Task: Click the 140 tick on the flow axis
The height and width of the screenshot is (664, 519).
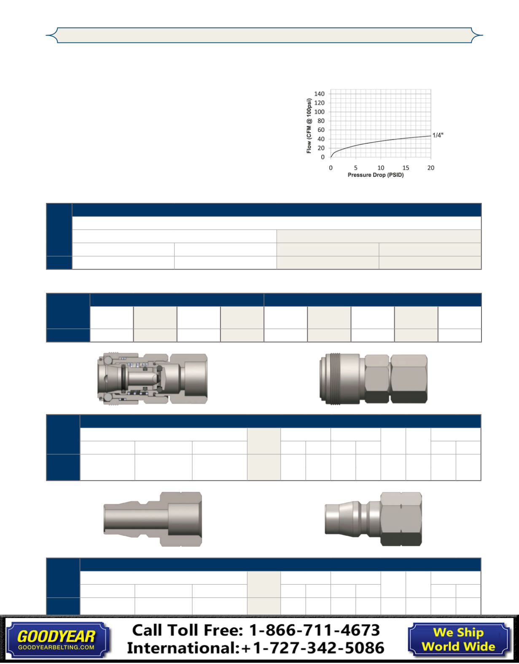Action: click(x=319, y=94)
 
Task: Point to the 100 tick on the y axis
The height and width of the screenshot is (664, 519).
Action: click(x=319, y=112)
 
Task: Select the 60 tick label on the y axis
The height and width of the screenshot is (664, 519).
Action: click(x=321, y=130)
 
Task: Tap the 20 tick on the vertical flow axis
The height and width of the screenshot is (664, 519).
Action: click(x=321, y=148)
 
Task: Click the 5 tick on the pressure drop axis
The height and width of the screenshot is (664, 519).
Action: click(x=356, y=168)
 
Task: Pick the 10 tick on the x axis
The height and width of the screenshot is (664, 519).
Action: click(x=381, y=168)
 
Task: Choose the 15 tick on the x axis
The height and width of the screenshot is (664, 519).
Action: click(x=406, y=168)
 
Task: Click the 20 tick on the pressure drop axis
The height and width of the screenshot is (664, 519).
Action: click(x=431, y=168)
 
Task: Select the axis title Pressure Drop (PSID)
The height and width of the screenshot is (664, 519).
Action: click(x=376, y=175)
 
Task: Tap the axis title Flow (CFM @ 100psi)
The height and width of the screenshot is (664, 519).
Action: click(x=309, y=126)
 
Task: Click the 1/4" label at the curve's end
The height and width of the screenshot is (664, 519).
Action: click(x=438, y=135)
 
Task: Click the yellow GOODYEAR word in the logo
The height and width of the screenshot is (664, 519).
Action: click(x=56, y=637)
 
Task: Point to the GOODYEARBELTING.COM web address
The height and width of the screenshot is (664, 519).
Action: click(x=56, y=648)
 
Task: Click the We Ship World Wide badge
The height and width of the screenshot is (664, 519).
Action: click(x=459, y=640)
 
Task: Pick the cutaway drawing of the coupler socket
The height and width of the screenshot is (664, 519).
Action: click(x=152, y=378)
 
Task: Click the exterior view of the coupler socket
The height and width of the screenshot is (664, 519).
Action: click(x=374, y=379)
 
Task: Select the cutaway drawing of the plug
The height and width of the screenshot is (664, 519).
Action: click(x=153, y=519)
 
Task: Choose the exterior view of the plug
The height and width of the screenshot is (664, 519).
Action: click(x=374, y=519)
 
